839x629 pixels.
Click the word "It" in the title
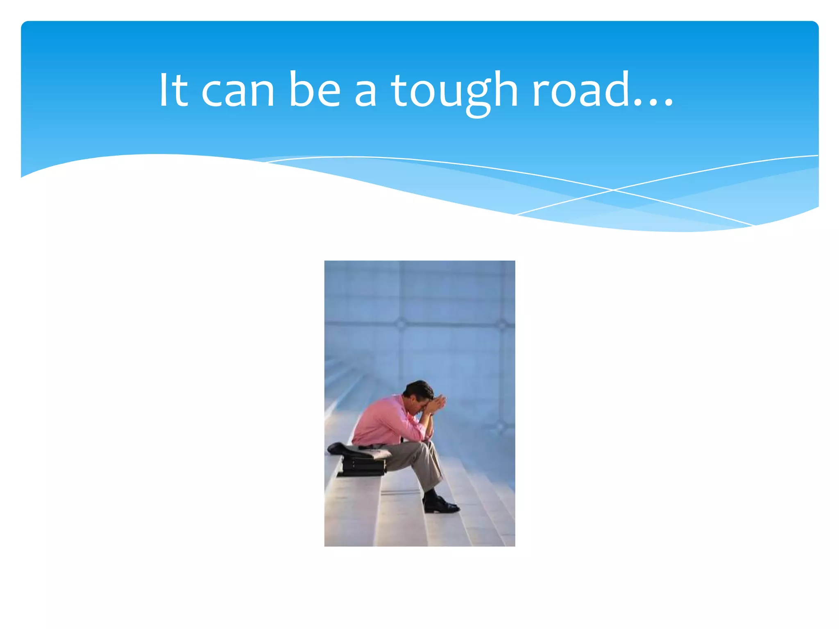click(x=173, y=90)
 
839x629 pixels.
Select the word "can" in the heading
click(x=238, y=92)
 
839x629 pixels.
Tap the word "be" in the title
click(x=314, y=90)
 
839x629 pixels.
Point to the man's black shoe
click(x=440, y=506)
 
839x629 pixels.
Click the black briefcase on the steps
click(x=363, y=467)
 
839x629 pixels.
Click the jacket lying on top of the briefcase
click(x=356, y=450)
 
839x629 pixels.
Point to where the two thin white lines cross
click(x=613, y=190)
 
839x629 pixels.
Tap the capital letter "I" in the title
click(x=163, y=90)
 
